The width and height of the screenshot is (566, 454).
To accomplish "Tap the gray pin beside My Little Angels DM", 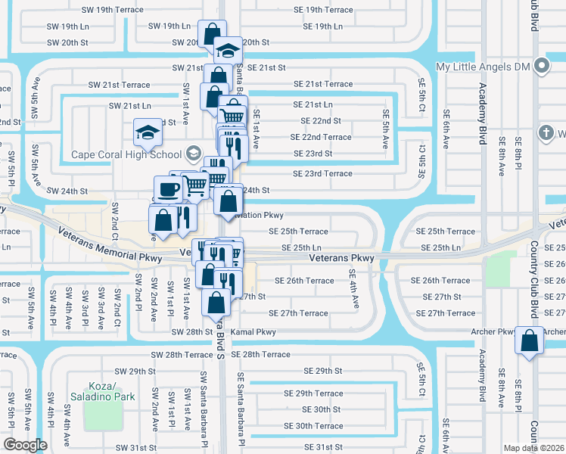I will (542, 67).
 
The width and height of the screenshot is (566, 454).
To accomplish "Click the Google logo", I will (25, 445).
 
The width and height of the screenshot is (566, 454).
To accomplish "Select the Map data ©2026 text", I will (534, 448).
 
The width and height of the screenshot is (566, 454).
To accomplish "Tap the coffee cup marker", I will (167, 188).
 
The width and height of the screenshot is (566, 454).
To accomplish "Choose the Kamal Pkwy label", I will (253, 331).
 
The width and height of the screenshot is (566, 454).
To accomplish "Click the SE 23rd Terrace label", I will (322, 173).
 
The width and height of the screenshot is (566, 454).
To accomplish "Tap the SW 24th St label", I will (67, 191).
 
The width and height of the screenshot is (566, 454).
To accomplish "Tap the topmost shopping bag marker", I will (211, 33).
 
